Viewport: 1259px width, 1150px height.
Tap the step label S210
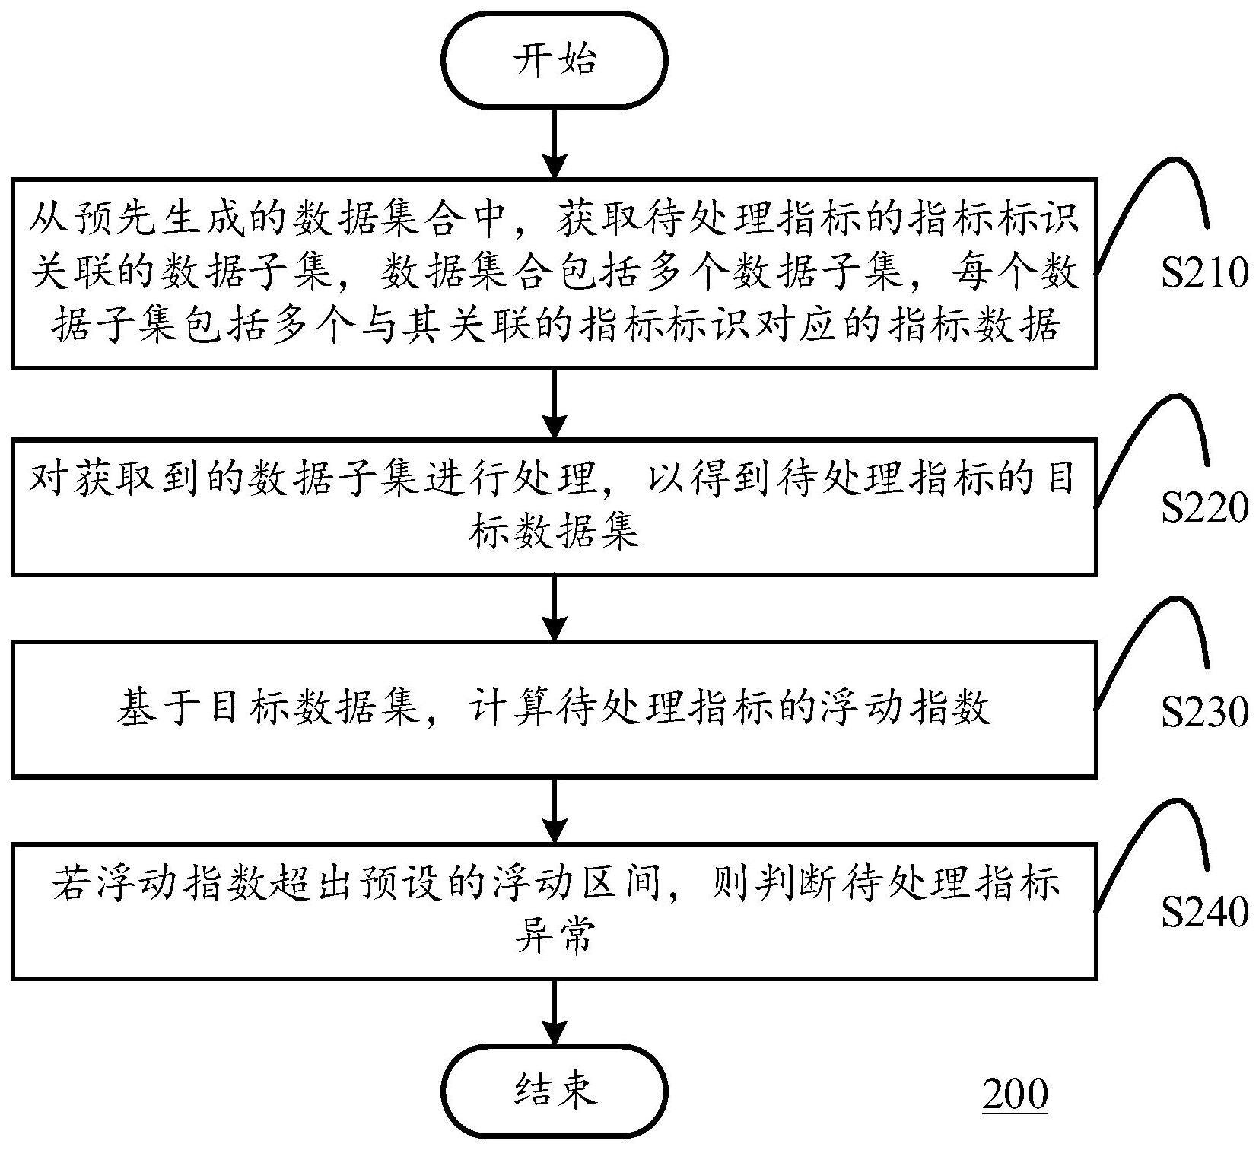tap(1204, 272)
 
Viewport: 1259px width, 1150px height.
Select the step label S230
tap(1204, 711)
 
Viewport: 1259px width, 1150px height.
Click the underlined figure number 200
tap(1015, 1094)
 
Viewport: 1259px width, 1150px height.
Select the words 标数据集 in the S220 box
tap(553, 532)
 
